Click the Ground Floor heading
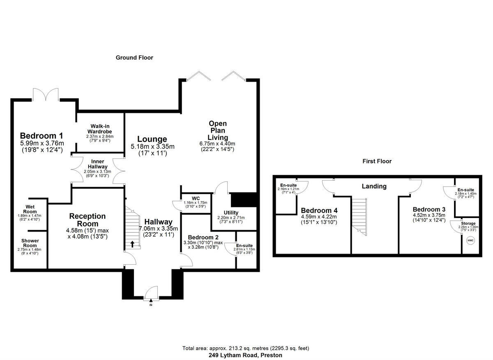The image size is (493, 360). click(134, 58)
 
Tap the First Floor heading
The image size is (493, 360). click(377, 161)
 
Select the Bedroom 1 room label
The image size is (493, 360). click(42, 136)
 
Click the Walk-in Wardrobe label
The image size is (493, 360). click(100, 129)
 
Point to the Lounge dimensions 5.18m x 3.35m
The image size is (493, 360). click(152, 147)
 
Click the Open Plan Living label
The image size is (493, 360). click(217, 130)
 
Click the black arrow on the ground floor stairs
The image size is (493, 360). click(132, 244)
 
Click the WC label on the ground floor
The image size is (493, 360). click(190, 198)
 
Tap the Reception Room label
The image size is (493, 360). click(88, 220)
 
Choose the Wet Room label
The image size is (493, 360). click(30, 209)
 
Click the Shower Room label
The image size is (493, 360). click(30, 243)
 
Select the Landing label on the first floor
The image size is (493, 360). click(374, 186)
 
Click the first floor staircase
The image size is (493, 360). click(359, 216)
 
